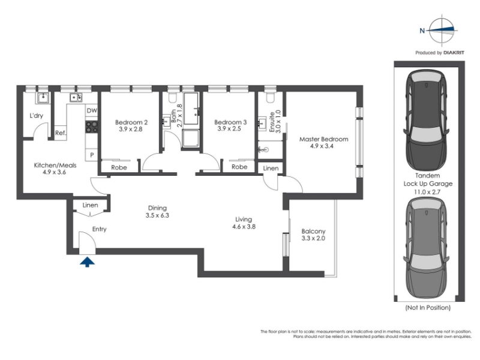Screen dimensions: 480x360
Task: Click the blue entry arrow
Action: (87, 262)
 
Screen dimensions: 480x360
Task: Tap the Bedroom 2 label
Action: (131, 122)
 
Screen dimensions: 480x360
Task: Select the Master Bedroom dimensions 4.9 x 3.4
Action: (322, 146)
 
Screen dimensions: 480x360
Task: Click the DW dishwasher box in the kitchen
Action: (92, 110)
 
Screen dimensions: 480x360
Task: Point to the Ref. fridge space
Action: (61, 133)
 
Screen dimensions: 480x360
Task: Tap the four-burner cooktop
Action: (92, 127)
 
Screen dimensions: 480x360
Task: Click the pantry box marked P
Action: (92, 155)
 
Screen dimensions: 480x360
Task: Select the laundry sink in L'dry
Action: (43, 98)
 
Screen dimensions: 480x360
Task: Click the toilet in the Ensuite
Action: (271, 97)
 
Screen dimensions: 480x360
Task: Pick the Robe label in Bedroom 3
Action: (239, 167)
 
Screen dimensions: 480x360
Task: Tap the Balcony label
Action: (313, 232)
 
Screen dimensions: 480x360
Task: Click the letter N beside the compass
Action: (422, 31)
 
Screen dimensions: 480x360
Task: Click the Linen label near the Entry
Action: (91, 205)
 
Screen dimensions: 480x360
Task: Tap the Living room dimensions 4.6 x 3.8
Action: (244, 227)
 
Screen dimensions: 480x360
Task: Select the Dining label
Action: (157, 208)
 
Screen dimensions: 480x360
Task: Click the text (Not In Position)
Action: (428, 307)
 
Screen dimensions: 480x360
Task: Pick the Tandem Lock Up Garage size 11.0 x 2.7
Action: (428, 192)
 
